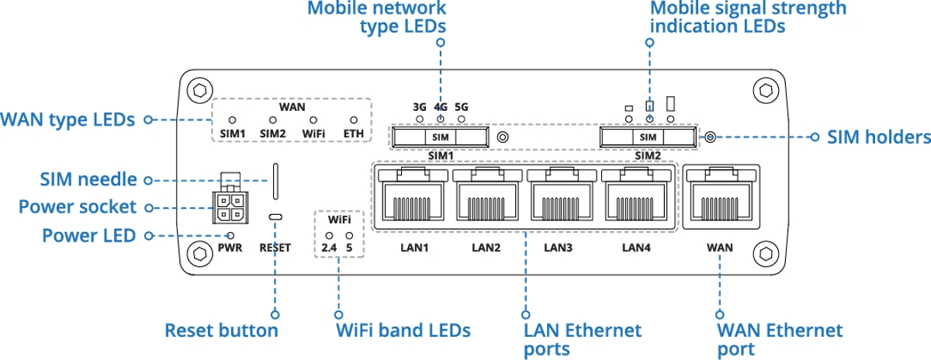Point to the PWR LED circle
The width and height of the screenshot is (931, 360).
[x=230, y=235]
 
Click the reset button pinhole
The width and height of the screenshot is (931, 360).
[x=275, y=216]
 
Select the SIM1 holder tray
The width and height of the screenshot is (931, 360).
[x=441, y=137]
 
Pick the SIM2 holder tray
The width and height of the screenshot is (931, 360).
[x=647, y=137]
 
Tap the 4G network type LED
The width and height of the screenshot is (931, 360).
[x=441, y=119]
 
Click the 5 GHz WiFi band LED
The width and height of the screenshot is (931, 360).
[x=349, y=235]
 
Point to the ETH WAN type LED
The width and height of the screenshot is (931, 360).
[x=355, y=121]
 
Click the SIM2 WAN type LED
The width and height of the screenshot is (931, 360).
[x=272, y=121]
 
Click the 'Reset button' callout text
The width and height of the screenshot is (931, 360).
[x=221, y=331]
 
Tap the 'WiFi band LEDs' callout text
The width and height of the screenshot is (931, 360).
[x=403, y=331]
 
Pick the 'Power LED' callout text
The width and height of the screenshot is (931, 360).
[x=89, y=235]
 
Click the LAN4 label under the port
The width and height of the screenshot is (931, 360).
[x=636, y=248]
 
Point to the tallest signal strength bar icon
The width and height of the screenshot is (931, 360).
[x=671, y=103]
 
